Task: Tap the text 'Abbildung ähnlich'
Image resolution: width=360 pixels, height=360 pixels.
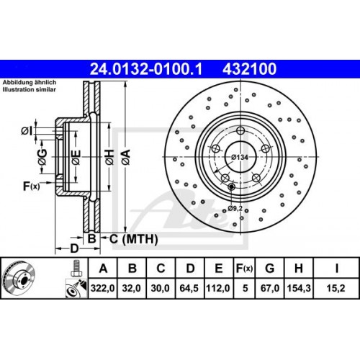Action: (31, 83)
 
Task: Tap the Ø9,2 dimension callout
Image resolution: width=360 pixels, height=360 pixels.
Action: (235, 207)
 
